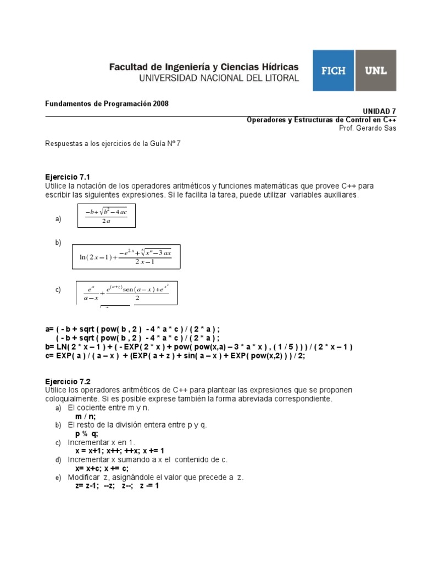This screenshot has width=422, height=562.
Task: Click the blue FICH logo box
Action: (x=334, y=71)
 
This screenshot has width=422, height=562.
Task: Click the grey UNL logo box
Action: (x=376, y=71)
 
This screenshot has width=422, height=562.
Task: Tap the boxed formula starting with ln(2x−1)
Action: (x=126, y=256)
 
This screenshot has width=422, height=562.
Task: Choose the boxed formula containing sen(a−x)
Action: (x=126, y=293)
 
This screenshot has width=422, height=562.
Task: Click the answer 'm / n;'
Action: (x=86, y=417)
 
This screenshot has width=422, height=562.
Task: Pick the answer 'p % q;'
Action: (x=87, y=434)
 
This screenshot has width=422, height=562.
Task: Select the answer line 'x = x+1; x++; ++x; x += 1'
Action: (x=119, y=451)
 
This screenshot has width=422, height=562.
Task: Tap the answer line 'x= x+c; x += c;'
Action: (x=102, y=468)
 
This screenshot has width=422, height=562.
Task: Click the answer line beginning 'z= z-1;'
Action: (x=117, y=486)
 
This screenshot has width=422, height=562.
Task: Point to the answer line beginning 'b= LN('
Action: (x=198, y=347)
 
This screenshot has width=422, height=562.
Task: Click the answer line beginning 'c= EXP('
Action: (x=175, y=356)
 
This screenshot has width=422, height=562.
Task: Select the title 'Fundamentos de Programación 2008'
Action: (x=107, y=104)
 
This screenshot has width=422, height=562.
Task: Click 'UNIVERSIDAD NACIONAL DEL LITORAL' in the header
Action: (x=219, y=78)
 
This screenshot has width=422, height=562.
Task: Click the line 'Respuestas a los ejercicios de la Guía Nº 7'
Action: (x=112, y=144)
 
